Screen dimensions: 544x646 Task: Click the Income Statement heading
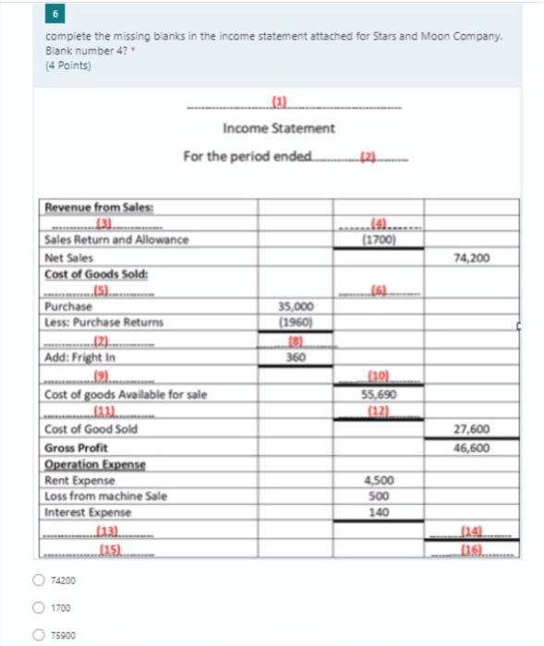click(x=279, y=128)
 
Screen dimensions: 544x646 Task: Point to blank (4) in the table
click(x=379, y=224)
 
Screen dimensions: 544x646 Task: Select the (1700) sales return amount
click(x=379, y=240)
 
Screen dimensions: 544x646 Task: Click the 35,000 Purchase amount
click(x=296, y=306)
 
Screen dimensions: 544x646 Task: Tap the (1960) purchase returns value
click(x=296, y=322)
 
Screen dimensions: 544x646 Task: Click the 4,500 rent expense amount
click(x=381, y=479)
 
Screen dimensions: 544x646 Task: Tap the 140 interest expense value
click(x=381, y=512)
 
